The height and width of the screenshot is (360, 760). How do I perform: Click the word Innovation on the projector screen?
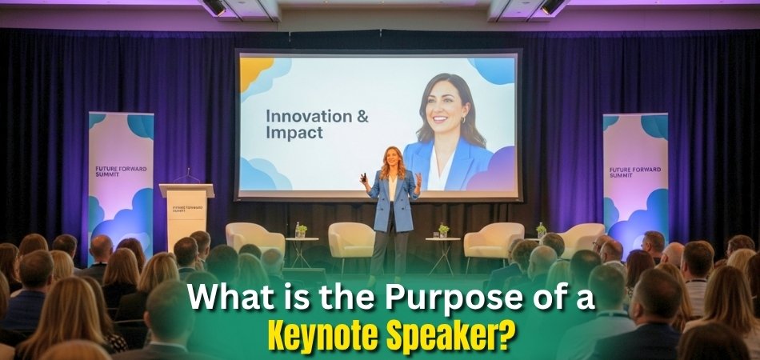(306, 116)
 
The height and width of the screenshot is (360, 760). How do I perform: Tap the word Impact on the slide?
(294, 133)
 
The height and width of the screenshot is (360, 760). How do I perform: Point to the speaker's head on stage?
(393, 158)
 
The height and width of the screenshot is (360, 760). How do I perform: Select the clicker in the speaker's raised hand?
(362, 175)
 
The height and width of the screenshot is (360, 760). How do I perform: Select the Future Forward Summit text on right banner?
(632, 173)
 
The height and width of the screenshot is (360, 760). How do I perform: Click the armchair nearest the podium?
(254, 239)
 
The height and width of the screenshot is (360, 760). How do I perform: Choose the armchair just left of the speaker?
(351, 239)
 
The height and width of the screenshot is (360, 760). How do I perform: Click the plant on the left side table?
(301, 230)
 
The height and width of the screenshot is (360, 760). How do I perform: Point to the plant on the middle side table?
(443, 230)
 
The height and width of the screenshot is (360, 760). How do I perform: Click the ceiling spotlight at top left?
(214, 7)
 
